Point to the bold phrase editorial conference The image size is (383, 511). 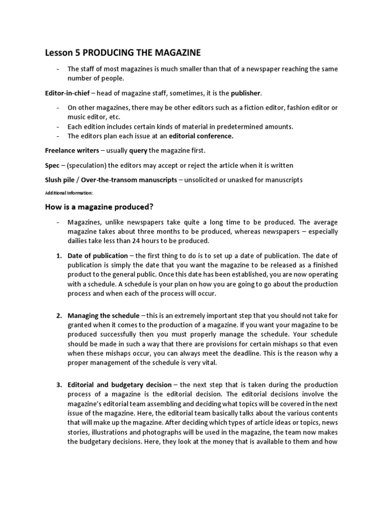(201, 135)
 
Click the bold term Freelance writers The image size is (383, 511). (71, 150)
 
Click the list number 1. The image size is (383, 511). (58, 256)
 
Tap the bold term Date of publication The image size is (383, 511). (98, 256)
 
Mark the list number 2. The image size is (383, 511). (58, 315)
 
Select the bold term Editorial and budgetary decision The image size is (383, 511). (120, 385)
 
